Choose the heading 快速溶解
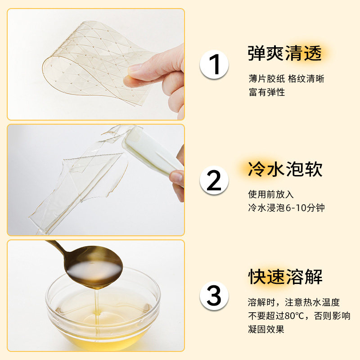[x=285, y=276]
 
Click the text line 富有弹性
[x=267, y=92]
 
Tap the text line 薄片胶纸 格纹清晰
[x=286, y=79]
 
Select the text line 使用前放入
[x=271, y=194]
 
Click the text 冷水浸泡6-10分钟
[x=286, y=208]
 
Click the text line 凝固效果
[x=266, y=329]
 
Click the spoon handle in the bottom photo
[x=56, y=246]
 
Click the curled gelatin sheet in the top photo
[x=85, y=63]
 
